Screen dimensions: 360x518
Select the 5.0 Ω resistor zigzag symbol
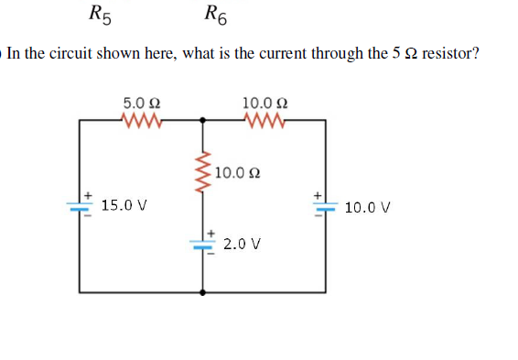pos(143,119)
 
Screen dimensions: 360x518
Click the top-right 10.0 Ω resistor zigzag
pos(266,119)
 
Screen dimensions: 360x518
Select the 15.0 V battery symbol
pos(81,206)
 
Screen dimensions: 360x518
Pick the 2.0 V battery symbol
pos(203,244)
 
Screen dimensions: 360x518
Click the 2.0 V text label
pos(242,245)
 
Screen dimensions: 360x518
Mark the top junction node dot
pos(203,119)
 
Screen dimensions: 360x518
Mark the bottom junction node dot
pos(203,292)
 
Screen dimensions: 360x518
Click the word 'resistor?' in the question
pos(448,54)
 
